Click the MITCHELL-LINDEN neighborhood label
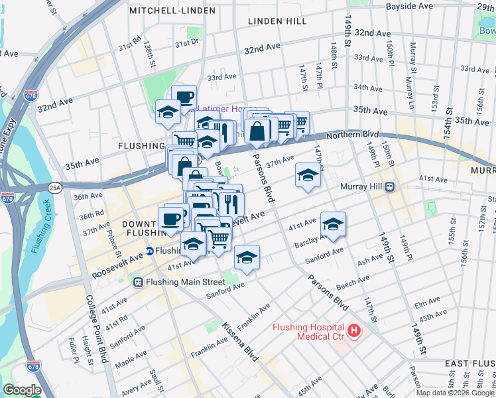click(x=172, y=11)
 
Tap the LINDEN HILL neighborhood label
click(x=278, y=21)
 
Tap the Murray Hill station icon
click(x=391, y=187)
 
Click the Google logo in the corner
click(x=22, y=390)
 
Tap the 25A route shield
click(x=54, y=188)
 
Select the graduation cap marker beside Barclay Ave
click(x=333, y=226)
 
